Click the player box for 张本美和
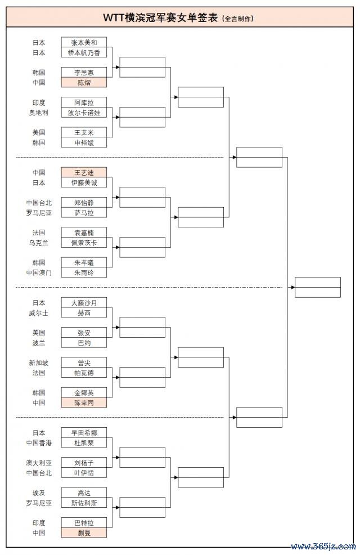pyautogui.click(x=84, y=42)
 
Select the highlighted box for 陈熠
pyautogui.click(x=84, y=83)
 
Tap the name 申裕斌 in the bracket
pyautogui.click(x=84, y=142)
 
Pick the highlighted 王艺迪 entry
pyautogui.click(x=84, y=172)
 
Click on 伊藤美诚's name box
pyautogui.click(x=84, y=182)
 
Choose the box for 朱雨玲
pyautogui.click(x=84, y=272)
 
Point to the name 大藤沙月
pyautogui.click(x=84, y=303)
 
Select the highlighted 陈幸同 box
pyautogui.click(x=84, y=402)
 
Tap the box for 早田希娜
pyautogui.click(x=84, y=432)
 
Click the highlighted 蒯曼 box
pyautogui.click(x=84, y=532)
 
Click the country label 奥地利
pyautogui.click(x=39, y=113)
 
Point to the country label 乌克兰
pyautogui.click(x=39, y=243)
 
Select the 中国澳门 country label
pyautogui.click(x=39, y=272)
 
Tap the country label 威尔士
pyautogui.click(x=39, y=313)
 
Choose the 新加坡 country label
pyautogui.click(x=39, y=363)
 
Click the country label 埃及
pyautogui.click(x=39, y=493)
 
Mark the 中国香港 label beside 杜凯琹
pyautogui.click(x=39, y=443)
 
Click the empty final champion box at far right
pyautogui.click(x=318, y=287)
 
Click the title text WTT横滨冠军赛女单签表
pyautogui.click(x=160, y=17)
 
